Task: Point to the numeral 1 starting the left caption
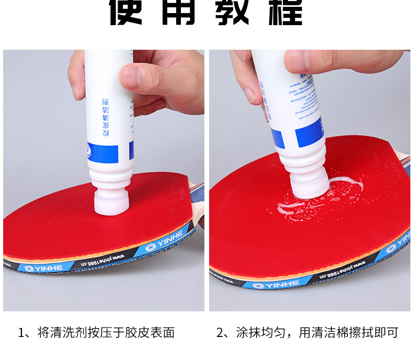pos(21,332)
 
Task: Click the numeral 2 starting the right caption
pos(220,332)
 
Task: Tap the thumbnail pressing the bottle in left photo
pos(132,77)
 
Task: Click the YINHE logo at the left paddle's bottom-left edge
pos(41,268)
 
